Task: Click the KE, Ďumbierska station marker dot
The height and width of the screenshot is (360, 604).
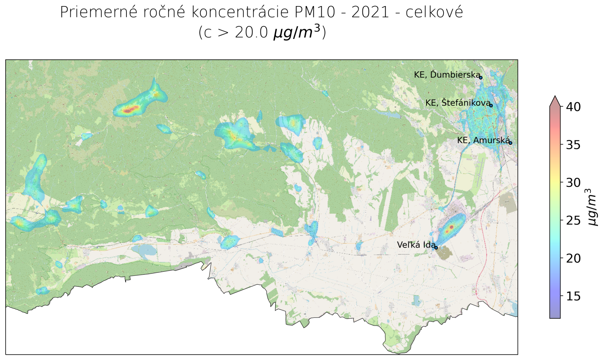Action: tap(481, 78)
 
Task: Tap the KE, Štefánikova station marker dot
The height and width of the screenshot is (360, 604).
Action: tap(491, 105)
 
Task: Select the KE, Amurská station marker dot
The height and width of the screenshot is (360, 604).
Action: tap(510, 143)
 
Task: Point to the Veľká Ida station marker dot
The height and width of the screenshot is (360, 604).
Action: tap(436, 248)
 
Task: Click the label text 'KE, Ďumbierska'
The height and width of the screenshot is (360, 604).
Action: tap(447, 75)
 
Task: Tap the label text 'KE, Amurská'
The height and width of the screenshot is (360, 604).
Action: tap(483, 140)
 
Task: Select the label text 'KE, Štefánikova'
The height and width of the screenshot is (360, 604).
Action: tap(458, 103)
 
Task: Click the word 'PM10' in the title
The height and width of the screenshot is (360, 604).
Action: tap(314, 12)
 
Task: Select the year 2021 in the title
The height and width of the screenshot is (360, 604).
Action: tap(370, 12)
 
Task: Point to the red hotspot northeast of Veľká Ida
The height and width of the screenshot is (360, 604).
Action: tap(450, 228)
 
